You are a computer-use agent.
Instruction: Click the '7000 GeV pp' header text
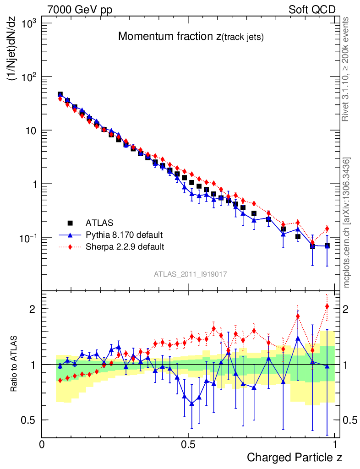point(80,10)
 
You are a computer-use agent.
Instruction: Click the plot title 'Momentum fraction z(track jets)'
point(191,37)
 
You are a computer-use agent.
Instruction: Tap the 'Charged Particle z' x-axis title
point(294,457)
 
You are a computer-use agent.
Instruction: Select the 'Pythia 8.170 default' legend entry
point(124,235)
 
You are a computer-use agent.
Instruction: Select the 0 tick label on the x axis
point(42,444)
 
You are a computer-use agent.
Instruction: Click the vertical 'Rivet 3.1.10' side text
point(346,69)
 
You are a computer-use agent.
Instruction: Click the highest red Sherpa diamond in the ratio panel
point(327,306)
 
